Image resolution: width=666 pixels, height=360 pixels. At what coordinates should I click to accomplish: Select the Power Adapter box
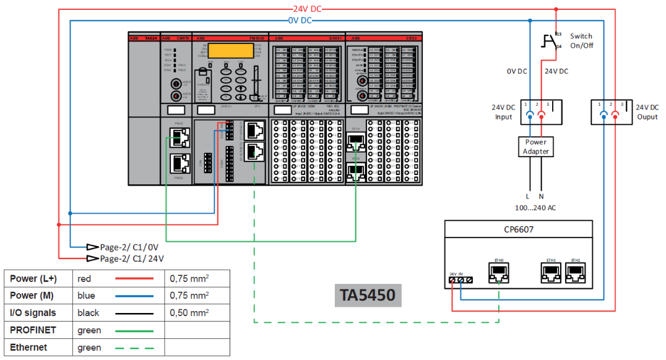click(x=536, y=147)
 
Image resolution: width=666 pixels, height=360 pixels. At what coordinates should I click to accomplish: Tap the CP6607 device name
click(x=519, y=230)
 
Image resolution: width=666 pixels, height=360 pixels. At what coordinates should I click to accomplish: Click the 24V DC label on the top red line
click(x=308, y=9)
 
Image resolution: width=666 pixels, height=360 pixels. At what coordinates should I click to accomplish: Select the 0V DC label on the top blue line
click(x=300, y=20)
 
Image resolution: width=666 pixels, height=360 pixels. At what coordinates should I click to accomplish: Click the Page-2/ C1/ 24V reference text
click(x=132, y=259)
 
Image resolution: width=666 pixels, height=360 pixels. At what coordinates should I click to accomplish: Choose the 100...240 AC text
click(x=536, y=207)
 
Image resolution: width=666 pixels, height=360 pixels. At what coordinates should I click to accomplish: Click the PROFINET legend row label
click(x=33, y=330)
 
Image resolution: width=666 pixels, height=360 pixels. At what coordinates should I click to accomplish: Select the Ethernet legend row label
click(x=28, y=348)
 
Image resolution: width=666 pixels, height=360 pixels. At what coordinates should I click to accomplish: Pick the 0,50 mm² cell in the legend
click(x=189, y=313)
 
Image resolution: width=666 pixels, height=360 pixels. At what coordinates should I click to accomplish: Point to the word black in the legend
click(x=89, y=313)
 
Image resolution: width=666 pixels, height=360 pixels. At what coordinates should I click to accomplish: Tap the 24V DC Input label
click(x=503, y=112)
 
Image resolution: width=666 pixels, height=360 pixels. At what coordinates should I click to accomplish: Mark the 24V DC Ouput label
click(x=647, y=112)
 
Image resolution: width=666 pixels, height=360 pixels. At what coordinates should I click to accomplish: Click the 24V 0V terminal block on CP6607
click(x=460, y=280)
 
